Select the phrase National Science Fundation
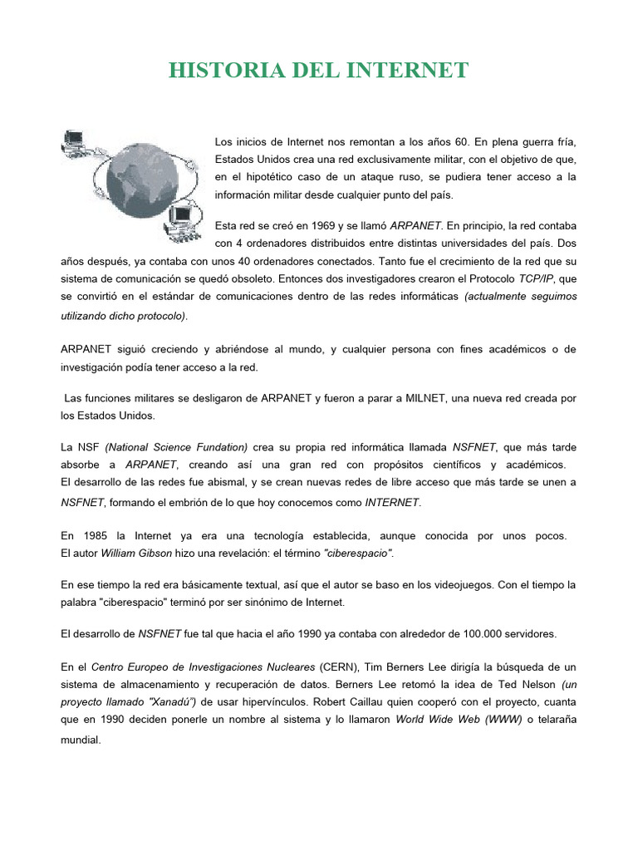(x=176, y=447)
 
